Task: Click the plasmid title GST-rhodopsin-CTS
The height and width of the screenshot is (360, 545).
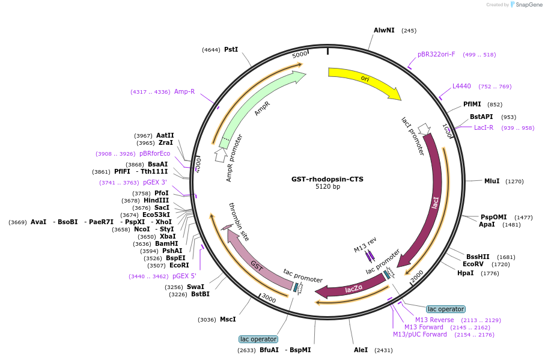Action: click(x=327, y=178)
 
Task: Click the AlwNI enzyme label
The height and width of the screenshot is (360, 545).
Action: click(x=384, y=30)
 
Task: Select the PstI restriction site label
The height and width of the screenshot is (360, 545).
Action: click(x=231, y=49)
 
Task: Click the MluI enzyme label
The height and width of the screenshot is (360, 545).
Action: click(x=492, y=181)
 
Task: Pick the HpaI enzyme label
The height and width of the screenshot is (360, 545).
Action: click(x=465, y=273)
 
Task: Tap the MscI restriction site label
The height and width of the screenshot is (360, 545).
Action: click(x=228, y=319)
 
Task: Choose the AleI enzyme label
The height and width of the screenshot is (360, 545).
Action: click(x=361, y=349)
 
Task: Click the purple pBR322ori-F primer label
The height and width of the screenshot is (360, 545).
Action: click(x=436, y=54)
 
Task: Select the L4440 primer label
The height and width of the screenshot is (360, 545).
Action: click(x=461, y=86)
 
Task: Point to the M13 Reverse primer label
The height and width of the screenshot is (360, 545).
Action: click(x=434, y=320)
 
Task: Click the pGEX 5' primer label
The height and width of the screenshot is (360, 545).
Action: click(x=184, y=276)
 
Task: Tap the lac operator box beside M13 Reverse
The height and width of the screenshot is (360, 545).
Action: click(x=445, y=309)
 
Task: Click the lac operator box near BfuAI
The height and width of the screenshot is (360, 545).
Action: click(x=258, y=339)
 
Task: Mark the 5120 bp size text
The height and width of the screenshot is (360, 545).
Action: click(x=327, y=187)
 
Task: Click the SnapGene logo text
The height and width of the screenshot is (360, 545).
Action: click(x=528, y=5)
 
